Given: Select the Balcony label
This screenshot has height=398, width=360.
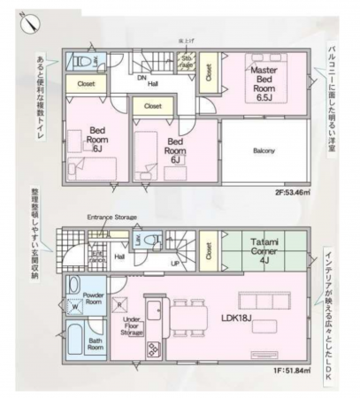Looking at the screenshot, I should (264, 150).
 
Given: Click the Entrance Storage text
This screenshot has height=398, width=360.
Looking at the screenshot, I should (111, 216).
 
